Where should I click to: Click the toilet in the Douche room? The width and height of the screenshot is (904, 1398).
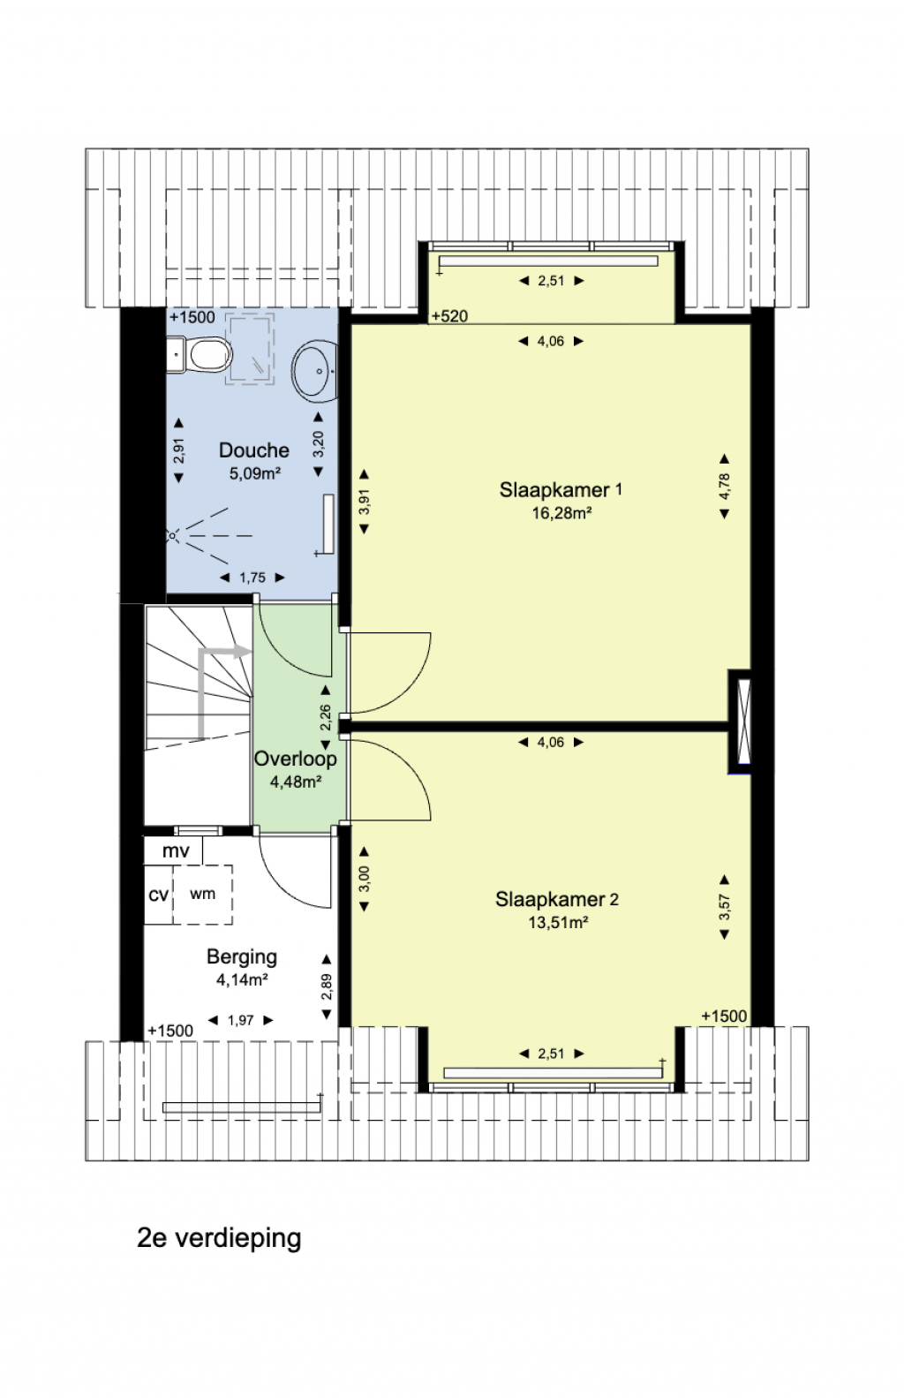pos(200,354)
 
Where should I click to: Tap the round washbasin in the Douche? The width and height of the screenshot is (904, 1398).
pos(316,370)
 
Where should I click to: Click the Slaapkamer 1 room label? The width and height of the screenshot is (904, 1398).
pos(561,490)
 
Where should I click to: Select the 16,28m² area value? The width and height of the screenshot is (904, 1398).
pos(561,513)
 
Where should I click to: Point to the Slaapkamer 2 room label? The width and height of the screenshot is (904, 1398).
pos(556,899)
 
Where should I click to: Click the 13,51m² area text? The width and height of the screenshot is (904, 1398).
pos(558,922)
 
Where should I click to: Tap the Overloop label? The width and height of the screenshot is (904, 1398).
pos(295,759)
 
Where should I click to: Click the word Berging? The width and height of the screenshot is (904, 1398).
pos(241,957)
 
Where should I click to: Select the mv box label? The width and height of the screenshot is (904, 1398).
pos(176,851)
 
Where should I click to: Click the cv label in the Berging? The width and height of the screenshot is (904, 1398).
pos(159,895)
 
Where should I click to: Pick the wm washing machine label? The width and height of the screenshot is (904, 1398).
pos(202,894)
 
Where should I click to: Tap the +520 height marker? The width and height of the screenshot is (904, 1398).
pos(449,316)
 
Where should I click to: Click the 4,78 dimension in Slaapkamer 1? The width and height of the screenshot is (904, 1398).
pos(724,487)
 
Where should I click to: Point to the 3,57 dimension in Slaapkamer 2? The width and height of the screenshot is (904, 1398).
pos(724,908)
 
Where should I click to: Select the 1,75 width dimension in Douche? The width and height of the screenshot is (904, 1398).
pos(252,578)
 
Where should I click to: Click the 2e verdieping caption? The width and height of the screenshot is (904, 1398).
pos(219,1237)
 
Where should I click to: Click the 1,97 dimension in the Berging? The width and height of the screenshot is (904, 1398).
pos(241,1020)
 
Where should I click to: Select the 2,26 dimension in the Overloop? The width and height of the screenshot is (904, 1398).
pos(325,718)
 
